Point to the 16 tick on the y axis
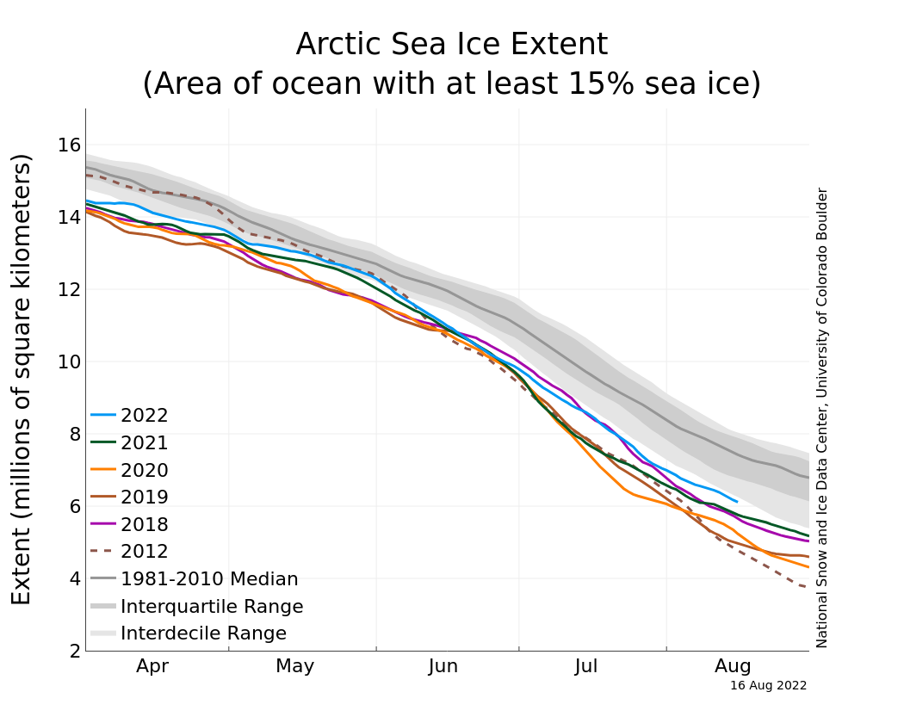pos(70,145)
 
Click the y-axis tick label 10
pos(70,361)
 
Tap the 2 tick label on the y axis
pos(75,652)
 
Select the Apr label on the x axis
pos(152,666)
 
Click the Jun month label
pos(443,666)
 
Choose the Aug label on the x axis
pos(733,666)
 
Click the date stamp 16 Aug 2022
pos(768,686)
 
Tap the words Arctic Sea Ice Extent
pos(451,45)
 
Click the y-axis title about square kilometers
pos(22,379)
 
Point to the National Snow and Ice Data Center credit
pos(822,417)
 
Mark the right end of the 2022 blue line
pos(737,501)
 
